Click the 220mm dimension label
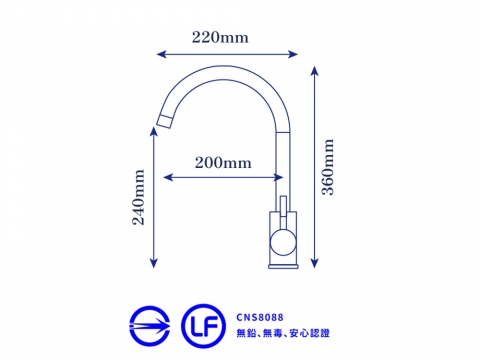(x=220, y=37)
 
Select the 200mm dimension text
(x=223, y=163)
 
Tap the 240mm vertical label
(x=139, y=197)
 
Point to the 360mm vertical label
(x=327, y=167)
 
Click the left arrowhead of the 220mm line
(x=161, y=54)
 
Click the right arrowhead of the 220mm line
(x=293, y=54)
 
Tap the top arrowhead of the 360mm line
(x=314, y=71)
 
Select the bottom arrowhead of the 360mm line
(x=314, y=263)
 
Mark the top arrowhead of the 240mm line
(x=153, y=132)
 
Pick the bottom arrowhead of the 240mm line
(x=153, y=263)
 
